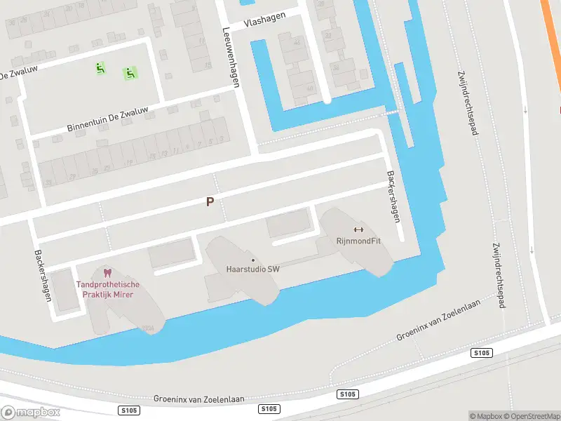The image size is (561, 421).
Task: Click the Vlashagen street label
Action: tap(265, 22)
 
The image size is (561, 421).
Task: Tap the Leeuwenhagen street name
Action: tap(231, 57)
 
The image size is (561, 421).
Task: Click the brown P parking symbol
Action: tap(209, 202)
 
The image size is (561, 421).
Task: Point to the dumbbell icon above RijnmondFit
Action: tap(358, 229)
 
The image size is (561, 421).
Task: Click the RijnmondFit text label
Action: tap(358, 241)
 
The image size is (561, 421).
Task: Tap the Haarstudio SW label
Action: tap(253, 269)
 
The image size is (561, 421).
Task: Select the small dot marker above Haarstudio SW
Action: tap(253, 260)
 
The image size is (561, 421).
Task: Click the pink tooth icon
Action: tap(107, 272)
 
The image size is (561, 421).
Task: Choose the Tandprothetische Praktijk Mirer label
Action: tap(108, 289)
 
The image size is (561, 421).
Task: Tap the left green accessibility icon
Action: tap(100, 68)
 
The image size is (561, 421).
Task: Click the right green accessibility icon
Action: tap(129, 72)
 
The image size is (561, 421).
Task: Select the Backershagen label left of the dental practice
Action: tap(43, 275)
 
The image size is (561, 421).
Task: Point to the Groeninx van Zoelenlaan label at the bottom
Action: tap(199, 399)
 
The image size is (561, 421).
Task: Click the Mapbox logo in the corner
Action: tap(30, 412)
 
